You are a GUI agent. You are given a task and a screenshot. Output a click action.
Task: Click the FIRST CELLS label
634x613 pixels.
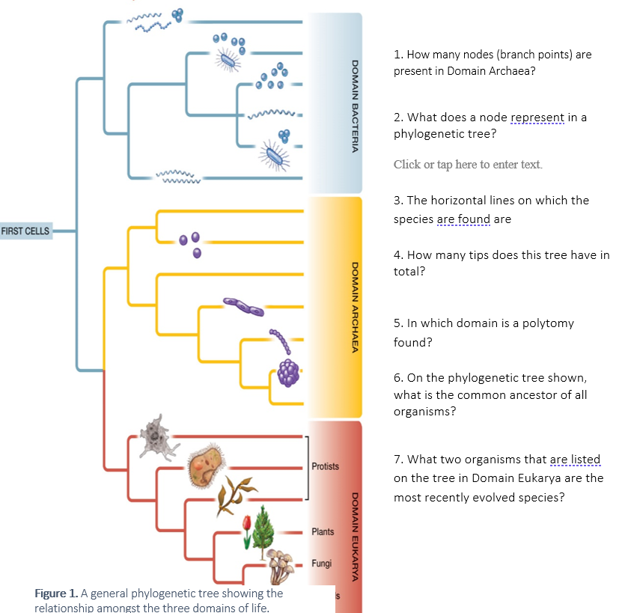click(25, 231)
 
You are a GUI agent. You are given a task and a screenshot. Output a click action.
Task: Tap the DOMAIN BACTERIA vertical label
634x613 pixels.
click(355, 106)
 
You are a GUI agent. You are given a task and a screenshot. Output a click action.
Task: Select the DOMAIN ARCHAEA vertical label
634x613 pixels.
click(355, 308)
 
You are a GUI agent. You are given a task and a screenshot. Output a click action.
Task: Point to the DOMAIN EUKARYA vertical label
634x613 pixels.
click(355, 537)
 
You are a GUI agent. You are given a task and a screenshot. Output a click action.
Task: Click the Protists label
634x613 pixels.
click(325, 466)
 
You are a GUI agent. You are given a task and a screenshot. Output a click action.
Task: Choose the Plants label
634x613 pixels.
click(323, 531)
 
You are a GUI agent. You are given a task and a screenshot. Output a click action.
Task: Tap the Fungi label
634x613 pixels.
click(321, 564)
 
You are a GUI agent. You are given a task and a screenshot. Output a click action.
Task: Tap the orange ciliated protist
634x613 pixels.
click(206, 466)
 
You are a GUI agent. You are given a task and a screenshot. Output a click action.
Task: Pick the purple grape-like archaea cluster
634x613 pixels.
click(288, 373)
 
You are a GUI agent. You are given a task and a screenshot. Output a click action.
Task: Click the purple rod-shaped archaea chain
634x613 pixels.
click(243, 307)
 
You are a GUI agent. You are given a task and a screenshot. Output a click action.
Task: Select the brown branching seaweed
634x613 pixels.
click(235, 496)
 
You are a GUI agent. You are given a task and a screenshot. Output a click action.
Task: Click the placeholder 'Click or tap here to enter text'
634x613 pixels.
click(468, 164)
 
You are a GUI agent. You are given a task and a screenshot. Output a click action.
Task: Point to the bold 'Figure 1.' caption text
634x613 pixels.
click(56, 594)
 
